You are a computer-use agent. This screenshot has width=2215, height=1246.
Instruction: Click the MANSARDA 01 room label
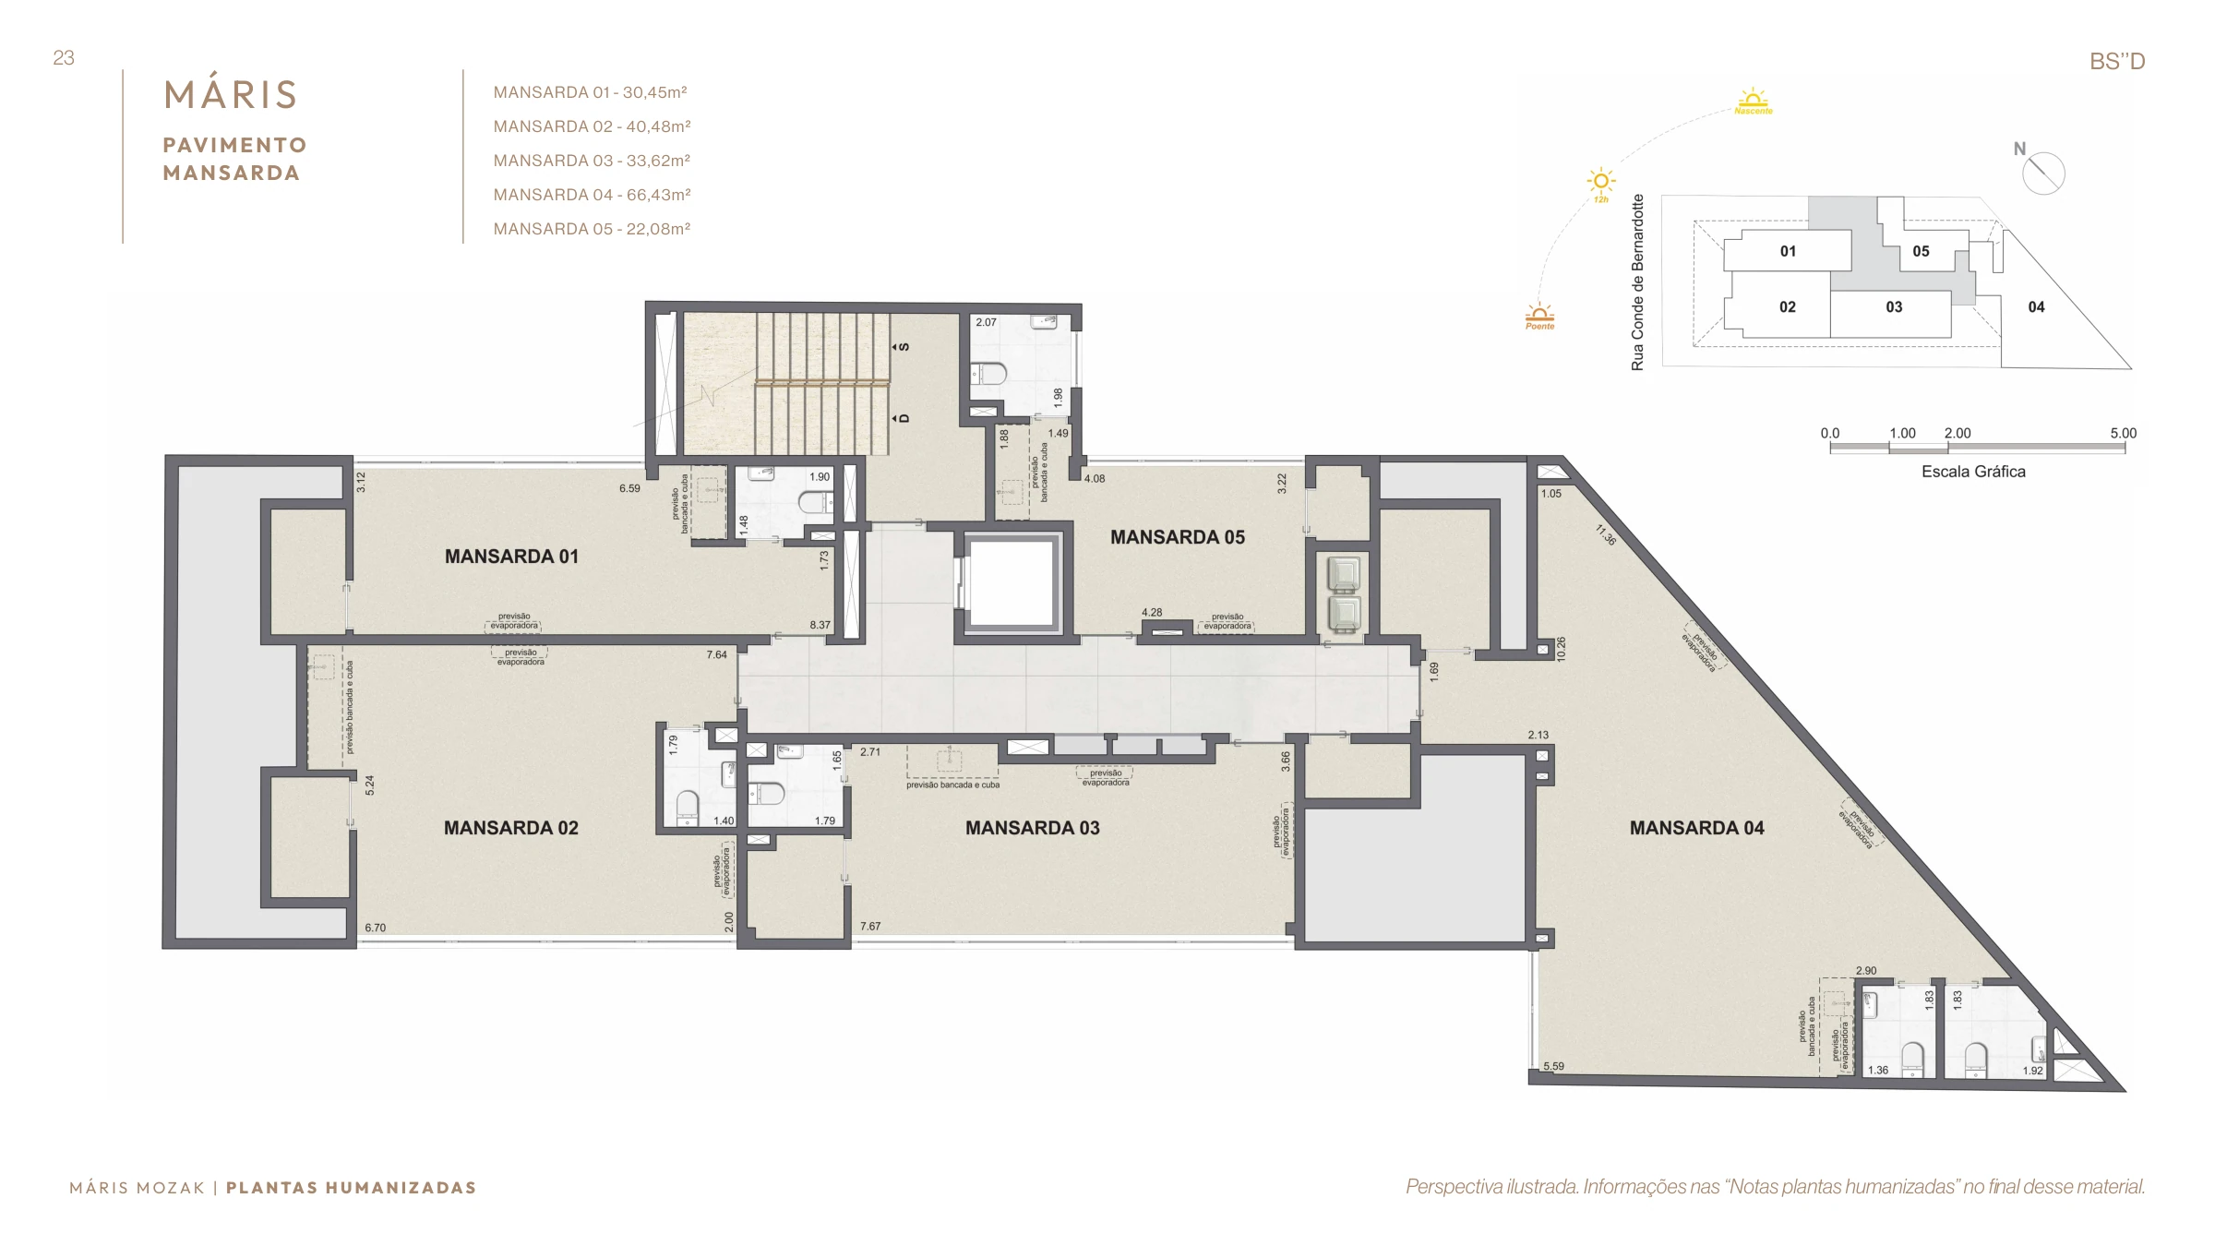[x=511, y=557]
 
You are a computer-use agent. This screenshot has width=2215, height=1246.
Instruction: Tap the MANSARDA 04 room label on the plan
[x=1696, y=828]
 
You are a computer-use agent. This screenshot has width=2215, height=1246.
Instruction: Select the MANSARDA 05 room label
[x=1178, y=537]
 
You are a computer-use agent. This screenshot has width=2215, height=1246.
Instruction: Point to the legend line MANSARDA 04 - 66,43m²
[x=592, y=195]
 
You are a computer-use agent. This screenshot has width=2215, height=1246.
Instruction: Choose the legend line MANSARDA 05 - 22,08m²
[x=592, y=229]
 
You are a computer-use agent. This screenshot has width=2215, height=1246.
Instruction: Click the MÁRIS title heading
[x=231, y=93]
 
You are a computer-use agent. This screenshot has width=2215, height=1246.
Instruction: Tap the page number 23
[x=64, y=58]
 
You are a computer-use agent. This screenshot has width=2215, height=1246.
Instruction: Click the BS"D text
[x=2117, y=62]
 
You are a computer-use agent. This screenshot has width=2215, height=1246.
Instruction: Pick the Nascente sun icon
[x=1753, y=101]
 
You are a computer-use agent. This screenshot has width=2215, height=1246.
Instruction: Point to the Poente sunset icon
[x=1539, y=316]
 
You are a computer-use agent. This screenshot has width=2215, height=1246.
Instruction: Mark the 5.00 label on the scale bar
[x=2123, y=433]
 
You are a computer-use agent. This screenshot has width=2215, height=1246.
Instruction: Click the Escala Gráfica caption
[x=1973, y=472]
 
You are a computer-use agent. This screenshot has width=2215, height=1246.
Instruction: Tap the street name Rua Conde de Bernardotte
[x=1638, y=282]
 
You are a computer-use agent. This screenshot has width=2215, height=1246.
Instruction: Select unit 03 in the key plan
[x=1894, y=307]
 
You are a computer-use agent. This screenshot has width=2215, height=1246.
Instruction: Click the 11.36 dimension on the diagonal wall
[x=1606, y=534]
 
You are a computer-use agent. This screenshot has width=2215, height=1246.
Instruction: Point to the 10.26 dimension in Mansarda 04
[x=1561, y=649]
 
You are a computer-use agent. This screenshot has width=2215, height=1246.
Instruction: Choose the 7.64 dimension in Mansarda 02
[x=717, y=654]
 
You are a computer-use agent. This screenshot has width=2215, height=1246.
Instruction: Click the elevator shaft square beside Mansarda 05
[x=1012, y=583]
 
